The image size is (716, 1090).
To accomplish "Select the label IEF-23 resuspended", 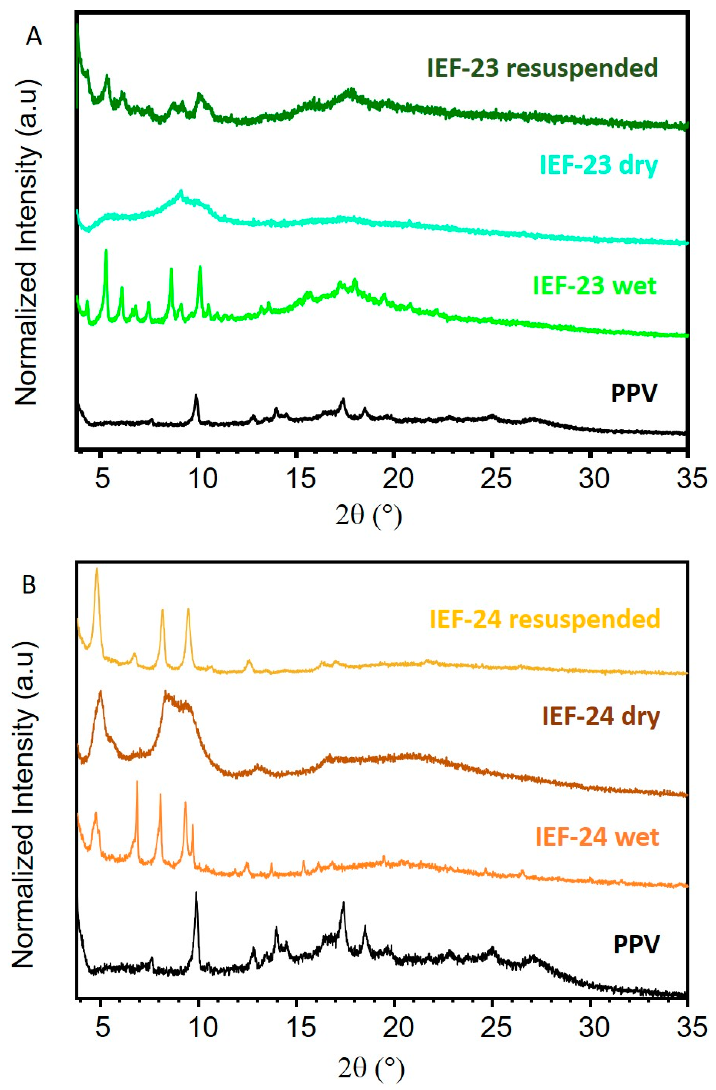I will pyautogui.click(x=542, y=68).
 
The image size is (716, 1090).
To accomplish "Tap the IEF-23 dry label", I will pyautogui.click(x=598, y=165).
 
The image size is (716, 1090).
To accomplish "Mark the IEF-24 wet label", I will pyautogui.click(x=597, y=837).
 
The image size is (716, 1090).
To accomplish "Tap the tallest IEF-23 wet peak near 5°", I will pyautogui.click(x=106, y=251).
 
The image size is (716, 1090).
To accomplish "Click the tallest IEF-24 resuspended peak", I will pyautogui.click(x=97, y=569).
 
